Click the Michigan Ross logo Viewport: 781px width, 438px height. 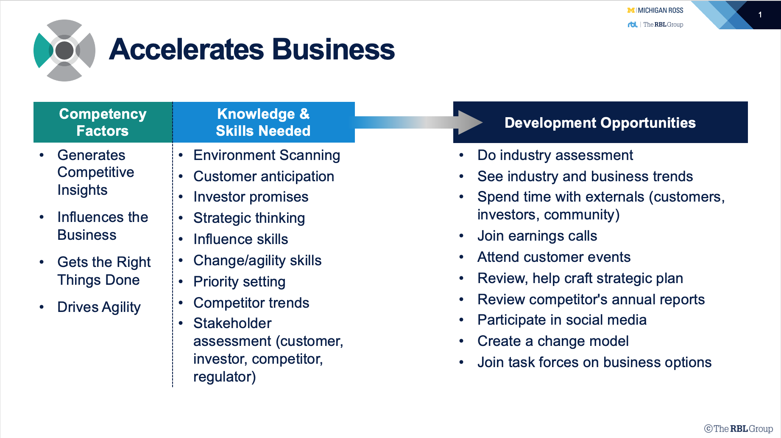[655, 10]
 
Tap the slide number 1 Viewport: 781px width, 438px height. [760, 15]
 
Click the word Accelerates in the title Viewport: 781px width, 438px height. [187, 49]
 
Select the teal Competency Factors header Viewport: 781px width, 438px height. [103, 122]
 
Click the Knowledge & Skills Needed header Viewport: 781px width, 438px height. [263, 122]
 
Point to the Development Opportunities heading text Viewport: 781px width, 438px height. [600, 123]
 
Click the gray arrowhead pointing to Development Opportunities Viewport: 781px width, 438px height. [470, 123]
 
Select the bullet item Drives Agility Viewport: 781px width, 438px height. [99, 307]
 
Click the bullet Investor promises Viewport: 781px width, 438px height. [251, 197]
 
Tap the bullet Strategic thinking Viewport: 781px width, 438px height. [249, 218]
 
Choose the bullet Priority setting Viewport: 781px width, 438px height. [239, 282]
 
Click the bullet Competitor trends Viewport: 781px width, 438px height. [251, 303]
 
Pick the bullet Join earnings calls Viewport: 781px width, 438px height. [537, 236]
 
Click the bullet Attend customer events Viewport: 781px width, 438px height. [554, 257]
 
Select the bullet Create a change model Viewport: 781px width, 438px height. [553, 341]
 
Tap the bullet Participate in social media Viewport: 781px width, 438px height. [562, 320]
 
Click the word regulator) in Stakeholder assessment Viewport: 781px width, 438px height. [224, 377]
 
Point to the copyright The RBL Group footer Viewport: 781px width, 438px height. [739, 429]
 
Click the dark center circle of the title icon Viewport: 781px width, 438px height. [64, 51]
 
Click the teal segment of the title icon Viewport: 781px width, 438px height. [43, 51]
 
